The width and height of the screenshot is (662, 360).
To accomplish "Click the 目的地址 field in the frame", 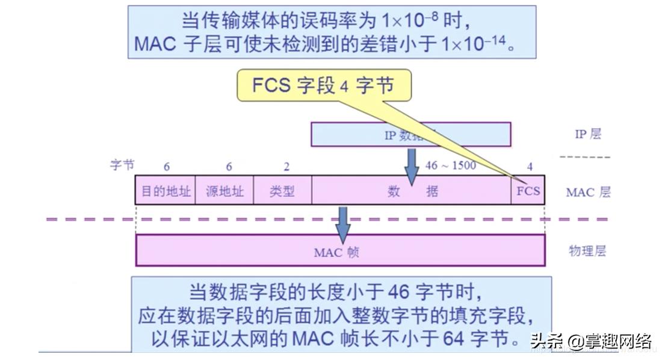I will click(165, 191).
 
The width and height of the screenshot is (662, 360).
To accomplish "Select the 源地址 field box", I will click(224, 191).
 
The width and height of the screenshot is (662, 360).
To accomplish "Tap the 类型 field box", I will click(282, 191).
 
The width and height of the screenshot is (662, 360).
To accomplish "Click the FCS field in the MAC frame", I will click(528, 191).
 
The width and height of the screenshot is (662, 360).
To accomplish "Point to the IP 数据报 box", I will click(410, 135).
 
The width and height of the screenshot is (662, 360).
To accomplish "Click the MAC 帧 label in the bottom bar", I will click(336, 252).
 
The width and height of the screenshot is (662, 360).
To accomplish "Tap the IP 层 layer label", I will click(587, 134).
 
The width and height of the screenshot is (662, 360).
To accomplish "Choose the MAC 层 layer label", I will click(588, 193).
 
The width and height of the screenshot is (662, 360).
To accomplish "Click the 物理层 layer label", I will click(587, 251).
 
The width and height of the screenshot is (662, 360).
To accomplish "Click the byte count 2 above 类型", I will click(286, 167).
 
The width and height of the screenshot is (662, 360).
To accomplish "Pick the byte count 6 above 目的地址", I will click(166, 167).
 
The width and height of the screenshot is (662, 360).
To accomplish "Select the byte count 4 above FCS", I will click(530, 167).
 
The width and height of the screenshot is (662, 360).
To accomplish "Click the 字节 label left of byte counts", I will click(122, 164).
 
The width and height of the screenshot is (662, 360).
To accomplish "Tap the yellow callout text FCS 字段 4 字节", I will click(323, 85).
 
